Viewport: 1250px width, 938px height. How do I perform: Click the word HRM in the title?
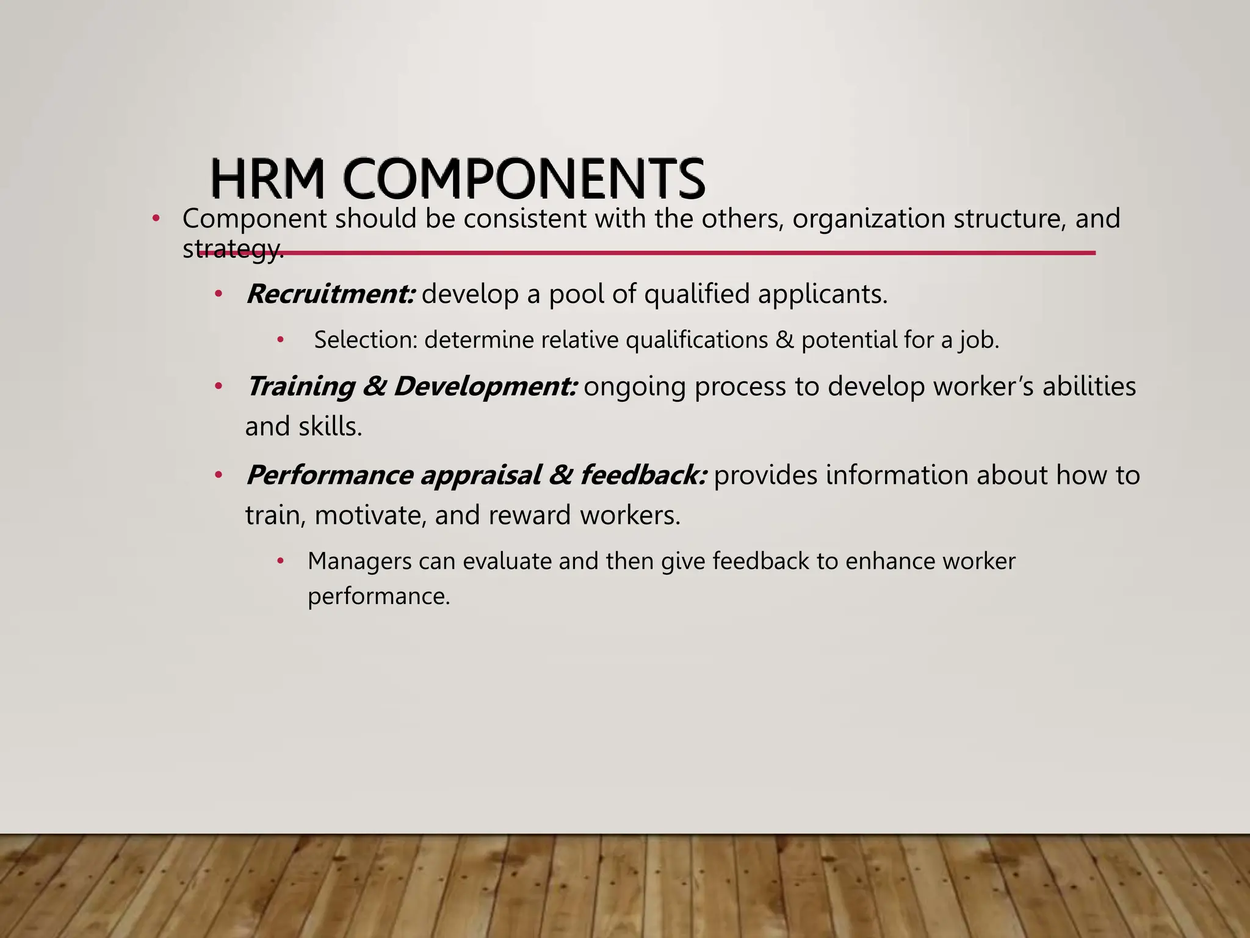coord(267,178)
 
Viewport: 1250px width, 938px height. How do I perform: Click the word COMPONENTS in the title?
coord(524,178)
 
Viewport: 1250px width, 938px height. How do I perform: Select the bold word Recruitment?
coord(330,294)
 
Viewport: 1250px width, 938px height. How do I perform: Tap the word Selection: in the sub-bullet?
coord(366,340)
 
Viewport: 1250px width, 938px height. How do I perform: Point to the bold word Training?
coord(300,387)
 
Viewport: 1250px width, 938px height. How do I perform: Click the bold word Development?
coord(485,387)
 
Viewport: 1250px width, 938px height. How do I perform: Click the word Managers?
coord(359,561)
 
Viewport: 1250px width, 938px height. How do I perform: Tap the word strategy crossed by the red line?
coord(233,249)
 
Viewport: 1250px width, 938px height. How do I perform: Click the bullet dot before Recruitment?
coord(218,295)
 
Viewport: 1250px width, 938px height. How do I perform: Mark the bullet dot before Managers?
coord(280,561)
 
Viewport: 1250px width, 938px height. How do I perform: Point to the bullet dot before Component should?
coord(156,219)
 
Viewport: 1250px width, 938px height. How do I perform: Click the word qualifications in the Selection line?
coord(696,340)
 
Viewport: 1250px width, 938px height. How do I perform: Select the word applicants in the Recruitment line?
coord(822,294)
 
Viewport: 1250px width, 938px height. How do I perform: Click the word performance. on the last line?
coord(378,596)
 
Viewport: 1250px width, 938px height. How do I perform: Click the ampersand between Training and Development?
coord(373,387)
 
